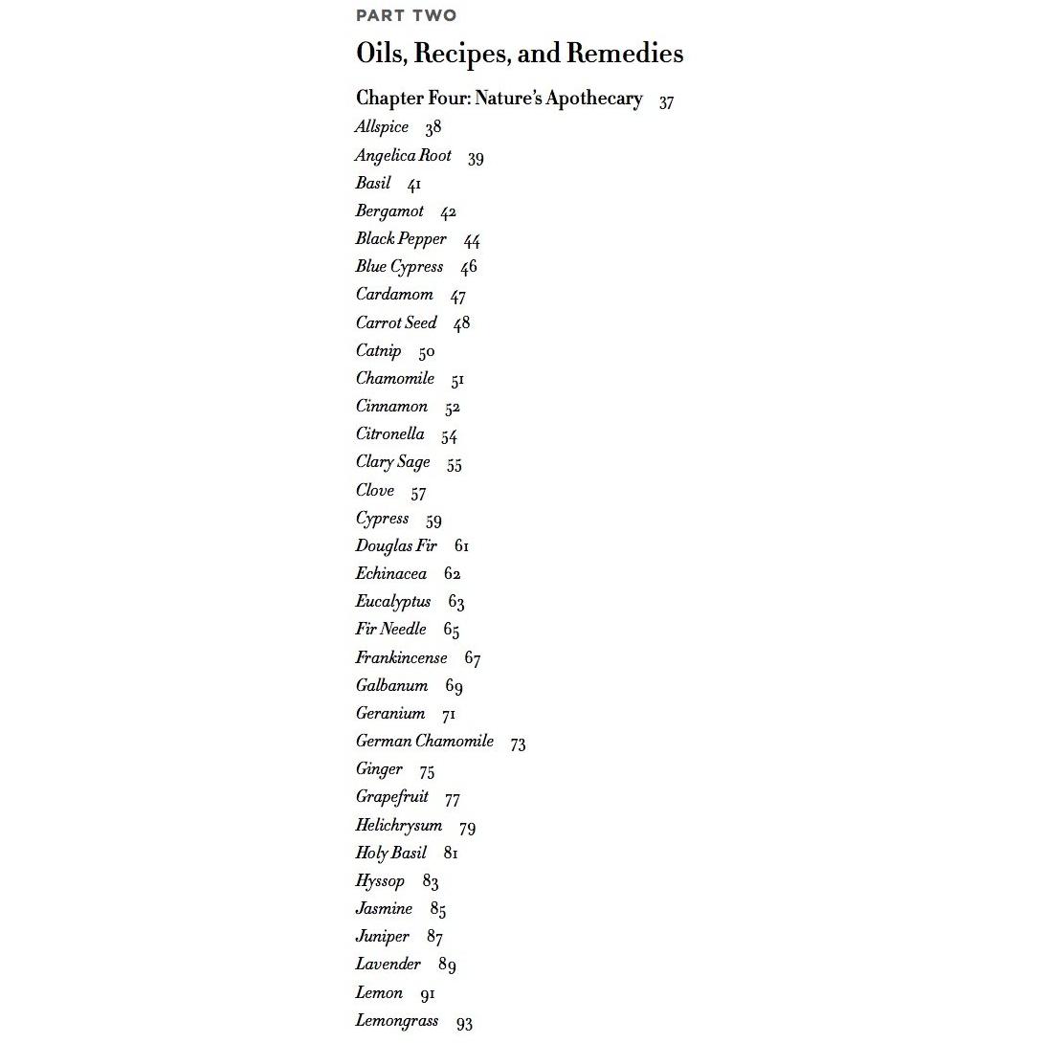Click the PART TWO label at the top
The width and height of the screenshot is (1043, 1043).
click(x=406, y=15)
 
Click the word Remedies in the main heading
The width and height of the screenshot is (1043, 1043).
click(x=624, y=53)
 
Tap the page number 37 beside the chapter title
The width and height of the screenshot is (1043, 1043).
click(x=666, y=102)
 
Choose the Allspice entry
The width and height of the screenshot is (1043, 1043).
click(x=381, y=127)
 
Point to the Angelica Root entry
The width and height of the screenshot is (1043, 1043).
click(x=403, y=156)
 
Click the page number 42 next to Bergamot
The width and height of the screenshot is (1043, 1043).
click(x=448, y=212)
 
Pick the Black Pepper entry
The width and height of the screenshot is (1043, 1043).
click(x=401, y=239)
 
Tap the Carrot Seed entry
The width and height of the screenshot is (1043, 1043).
click(x=396, y=322)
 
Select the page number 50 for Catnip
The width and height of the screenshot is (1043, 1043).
click(x=426, y=352)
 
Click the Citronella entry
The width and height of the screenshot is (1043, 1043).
click(x=389, y=434)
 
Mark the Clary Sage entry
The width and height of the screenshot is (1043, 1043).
click(x=392, y=462)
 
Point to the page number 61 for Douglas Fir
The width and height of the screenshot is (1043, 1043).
click(x=461, y=546)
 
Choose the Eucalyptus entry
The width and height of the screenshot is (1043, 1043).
click(x=393, y=602)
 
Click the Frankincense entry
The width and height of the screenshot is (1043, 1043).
click(x=401, y=658)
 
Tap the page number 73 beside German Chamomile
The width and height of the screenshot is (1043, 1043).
click(x=518, y=744)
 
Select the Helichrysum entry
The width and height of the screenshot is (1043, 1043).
click(x=399, y=826)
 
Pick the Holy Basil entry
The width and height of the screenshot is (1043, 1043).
click(x=390, y=853)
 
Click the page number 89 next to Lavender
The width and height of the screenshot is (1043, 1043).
click(x=447, y=965)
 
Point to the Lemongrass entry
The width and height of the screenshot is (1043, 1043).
click(x=397, y=1021)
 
